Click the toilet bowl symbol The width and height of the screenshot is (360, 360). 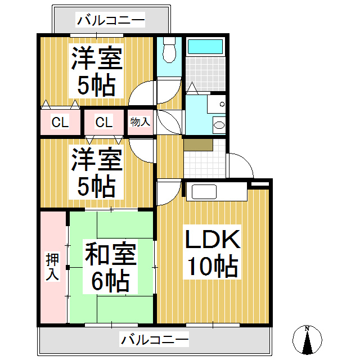pyautogui.click(x=169, y=50)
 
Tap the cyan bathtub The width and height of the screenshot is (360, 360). pyautogui.click(x=205, y=47)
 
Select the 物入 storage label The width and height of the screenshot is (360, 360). pyautogui.click(x=140, y=121)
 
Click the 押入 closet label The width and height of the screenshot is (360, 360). pyautogui.click(x=52, y=267)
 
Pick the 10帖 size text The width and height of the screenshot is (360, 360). pyautogui.click(x=213, y=266)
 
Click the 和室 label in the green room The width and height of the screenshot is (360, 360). pyautogui.click(x=111, y=253)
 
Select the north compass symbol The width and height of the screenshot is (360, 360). pyautogui.click(x=307, y=340)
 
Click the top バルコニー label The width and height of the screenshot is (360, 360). pyautogui.click(x=111, y=20)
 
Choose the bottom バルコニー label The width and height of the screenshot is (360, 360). pyautogui.click(x=155, y=340)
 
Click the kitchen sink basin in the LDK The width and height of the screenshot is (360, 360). pyautogui.click(x=204, y=192)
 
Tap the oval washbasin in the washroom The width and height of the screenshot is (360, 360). pyautogui.click(x=219, y=125)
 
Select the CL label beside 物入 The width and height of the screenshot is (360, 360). pyautogui.click(x=104, y=122)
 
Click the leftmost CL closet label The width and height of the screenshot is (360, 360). pyautogui.click(x=60, y=122)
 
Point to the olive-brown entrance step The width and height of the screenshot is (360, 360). pyautogui.click(x=198, y=145)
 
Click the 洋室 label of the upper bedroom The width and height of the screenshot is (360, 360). pyautogui.click(x=97, y=58)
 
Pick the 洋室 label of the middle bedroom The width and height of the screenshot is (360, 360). pyautogui.click(x=97, y=160)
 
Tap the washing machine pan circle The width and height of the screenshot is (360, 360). pyautogui.click(x=222, y=104)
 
